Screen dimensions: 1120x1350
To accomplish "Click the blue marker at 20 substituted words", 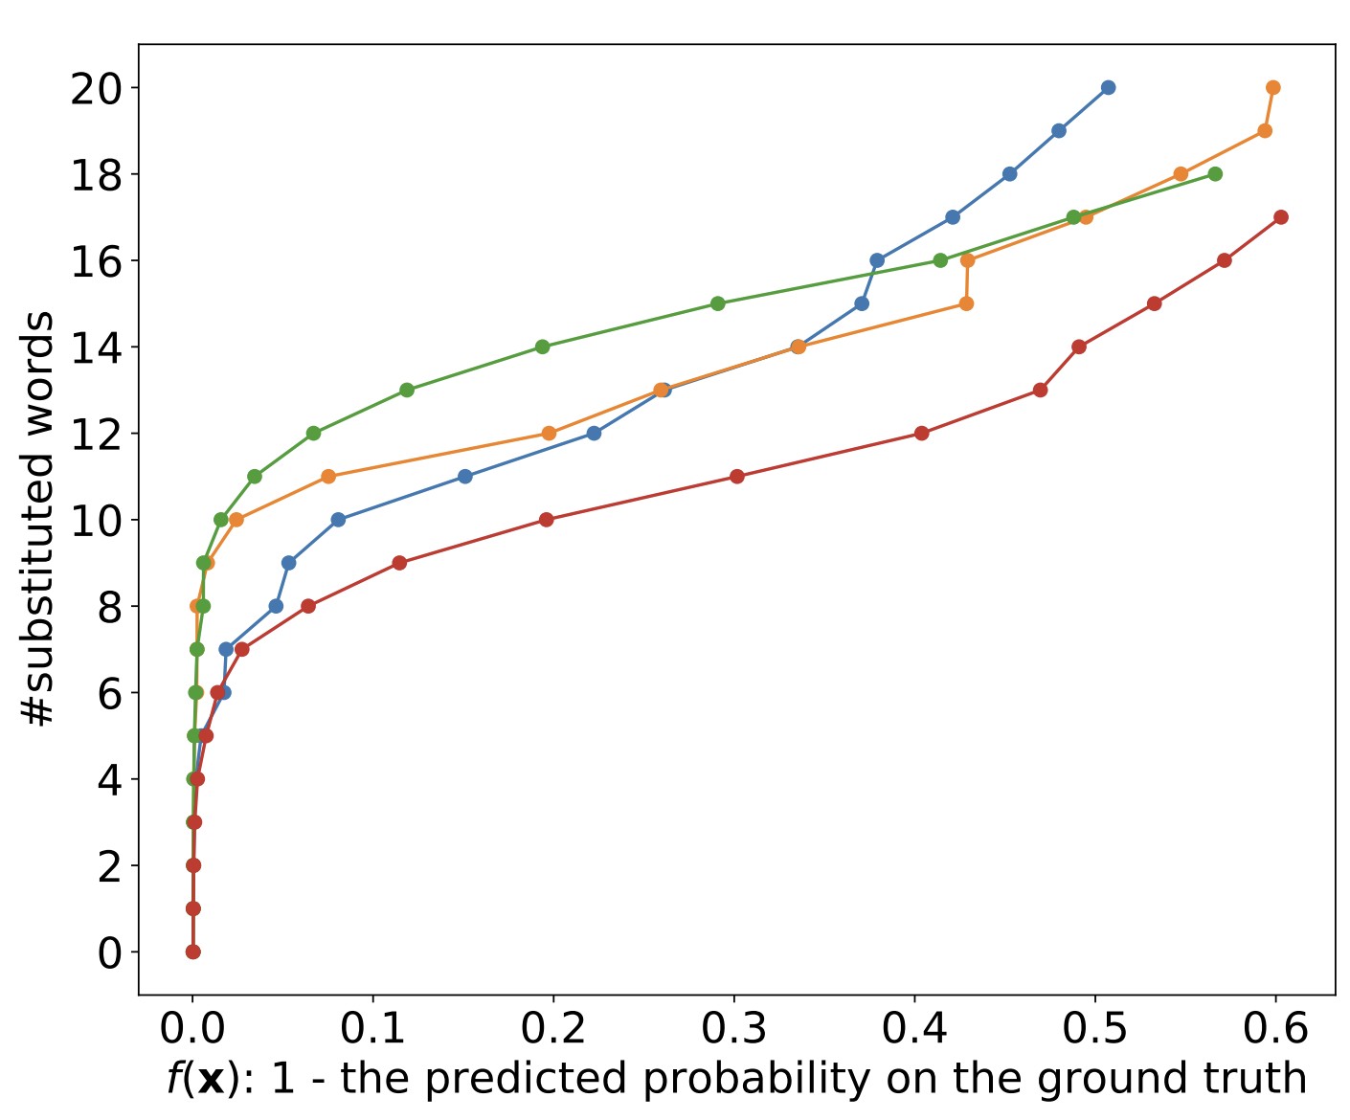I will point(1108,87).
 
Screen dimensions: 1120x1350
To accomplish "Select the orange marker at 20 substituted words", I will point(1272,87).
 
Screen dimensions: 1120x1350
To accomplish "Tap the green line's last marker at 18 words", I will point(1215,173).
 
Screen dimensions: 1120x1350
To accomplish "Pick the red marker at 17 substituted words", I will point(1281,217).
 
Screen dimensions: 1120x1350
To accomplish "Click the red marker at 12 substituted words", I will point(922,433).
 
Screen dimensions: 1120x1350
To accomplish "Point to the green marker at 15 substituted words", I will point(718,303).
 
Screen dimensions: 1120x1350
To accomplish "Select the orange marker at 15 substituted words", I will point(966,303).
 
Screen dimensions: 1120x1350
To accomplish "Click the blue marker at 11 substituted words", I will point(465,476).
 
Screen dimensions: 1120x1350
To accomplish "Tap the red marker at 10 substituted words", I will point(547,520).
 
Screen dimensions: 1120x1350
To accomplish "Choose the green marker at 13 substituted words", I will point(407,390).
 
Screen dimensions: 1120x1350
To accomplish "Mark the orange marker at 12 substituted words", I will point(549,433).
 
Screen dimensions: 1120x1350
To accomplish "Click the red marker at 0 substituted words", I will point(193,952).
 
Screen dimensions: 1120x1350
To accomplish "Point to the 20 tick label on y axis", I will point(96,89).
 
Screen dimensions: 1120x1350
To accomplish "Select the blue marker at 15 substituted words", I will point(862,303).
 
